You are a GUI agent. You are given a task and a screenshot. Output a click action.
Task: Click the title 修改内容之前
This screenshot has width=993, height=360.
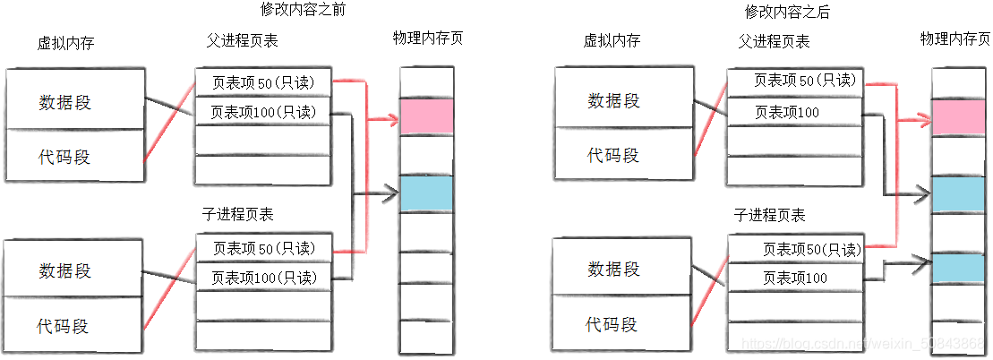click(x=303, y=10)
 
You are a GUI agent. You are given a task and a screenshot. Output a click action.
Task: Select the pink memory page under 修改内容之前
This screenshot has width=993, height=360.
click(x=426, y=117)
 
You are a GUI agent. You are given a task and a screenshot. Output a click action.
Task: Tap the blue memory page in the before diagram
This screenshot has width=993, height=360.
click(x=426, y=194)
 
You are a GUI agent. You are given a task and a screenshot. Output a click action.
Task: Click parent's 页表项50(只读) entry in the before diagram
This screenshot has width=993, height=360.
click(x=263, y=82)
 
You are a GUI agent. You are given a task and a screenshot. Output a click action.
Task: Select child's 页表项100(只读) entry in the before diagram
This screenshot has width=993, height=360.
click(x=263, y=277)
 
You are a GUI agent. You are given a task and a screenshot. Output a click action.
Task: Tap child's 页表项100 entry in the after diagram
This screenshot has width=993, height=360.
click(x=794, y=278)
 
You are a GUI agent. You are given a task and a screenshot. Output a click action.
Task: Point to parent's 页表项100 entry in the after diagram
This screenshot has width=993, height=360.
click(x=787, y=112)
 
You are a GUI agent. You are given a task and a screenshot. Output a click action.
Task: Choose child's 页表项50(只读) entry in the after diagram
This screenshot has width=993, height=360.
click(x=794, y=249)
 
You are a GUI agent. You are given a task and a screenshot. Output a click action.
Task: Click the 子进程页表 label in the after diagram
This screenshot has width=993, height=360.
click(x=769, y=215)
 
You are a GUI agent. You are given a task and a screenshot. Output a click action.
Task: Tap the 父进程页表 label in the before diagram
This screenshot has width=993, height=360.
click(x=242, y=41)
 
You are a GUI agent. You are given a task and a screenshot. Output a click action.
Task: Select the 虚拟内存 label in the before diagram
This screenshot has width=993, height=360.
click(x=66, y=42)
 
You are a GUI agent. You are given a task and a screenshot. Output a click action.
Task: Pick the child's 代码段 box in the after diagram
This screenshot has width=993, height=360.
click(x=613, y=323)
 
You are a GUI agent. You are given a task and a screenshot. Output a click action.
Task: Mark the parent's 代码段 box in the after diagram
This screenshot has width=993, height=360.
click(x=613, y=155)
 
